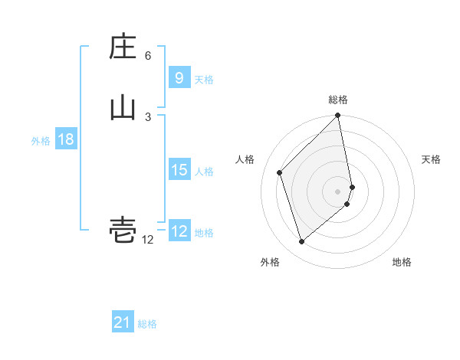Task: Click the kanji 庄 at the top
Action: (x=123, y=47)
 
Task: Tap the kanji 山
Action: (x=123, y=109)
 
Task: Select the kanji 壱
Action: (x=123, y=231)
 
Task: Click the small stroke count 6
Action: (x=148, y=56)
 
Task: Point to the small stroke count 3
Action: (x=148, y=116)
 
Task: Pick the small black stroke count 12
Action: (x=148, y=240)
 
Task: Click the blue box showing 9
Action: (x=179, y=78)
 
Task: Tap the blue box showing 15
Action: (x=179, y=170)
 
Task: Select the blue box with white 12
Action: (x=179, y=231)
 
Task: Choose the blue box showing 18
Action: (x=65, y=139)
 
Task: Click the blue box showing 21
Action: (x=123, y=323)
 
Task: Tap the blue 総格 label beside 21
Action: (x=148, y=324)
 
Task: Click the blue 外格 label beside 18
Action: (x=41, y=141)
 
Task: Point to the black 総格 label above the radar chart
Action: (x=338, y=100)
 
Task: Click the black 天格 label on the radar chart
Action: (x=431, y=159)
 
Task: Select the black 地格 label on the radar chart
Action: (x=402, y=262)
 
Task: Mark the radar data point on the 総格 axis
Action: (x=338, y=116)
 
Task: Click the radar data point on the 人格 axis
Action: (x=280, y=172)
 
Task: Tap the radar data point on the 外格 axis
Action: (x=302, y=241)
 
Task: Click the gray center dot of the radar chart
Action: (x=338, y=191)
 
